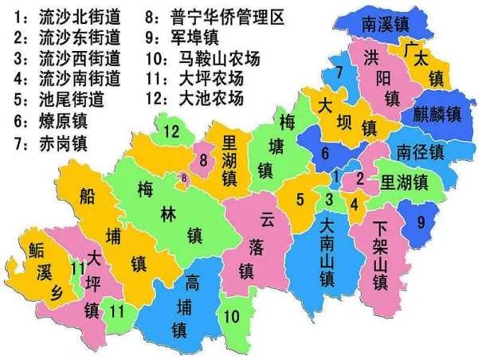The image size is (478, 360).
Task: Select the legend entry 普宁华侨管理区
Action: click(215, 17)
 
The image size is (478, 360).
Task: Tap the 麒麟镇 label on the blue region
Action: click(437, 114)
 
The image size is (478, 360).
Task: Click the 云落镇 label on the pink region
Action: click(268, 243)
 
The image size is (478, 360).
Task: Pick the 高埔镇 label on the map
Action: click(192, 303)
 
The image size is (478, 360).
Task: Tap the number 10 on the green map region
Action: click(230, 317)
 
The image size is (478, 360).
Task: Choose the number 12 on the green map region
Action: click(172, 132)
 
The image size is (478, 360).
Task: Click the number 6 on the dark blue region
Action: click(324, 155)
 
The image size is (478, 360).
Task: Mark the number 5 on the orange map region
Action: click(300, 200)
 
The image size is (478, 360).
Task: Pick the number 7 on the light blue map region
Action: click(339, 73)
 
